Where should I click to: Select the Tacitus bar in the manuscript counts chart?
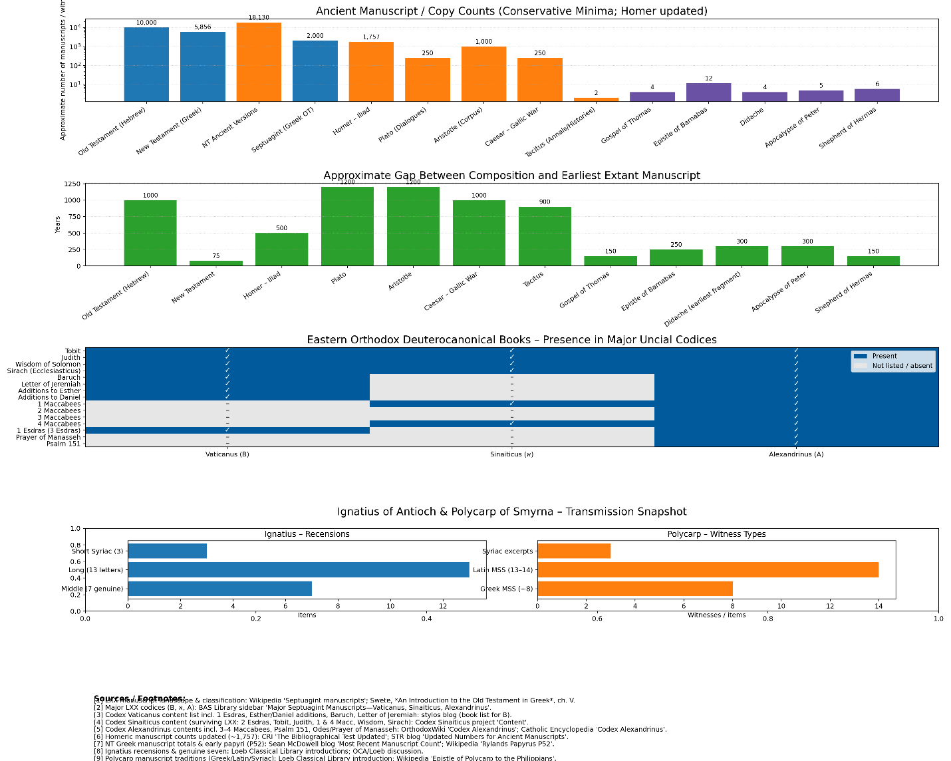596,99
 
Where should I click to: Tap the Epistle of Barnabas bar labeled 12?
708,92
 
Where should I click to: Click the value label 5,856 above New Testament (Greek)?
202,27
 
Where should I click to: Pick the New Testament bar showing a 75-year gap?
216,263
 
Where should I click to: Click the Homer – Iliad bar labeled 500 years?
281,249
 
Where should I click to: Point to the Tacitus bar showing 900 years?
545,236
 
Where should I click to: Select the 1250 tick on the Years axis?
72,184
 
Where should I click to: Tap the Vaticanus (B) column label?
227,454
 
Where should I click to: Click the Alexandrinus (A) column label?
796,454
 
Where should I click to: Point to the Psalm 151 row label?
63,444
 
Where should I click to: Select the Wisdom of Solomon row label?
48,364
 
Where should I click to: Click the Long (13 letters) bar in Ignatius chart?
298,569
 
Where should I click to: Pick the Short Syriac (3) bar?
167,551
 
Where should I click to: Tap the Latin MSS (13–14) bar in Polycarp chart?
708,569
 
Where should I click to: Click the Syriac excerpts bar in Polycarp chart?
573,551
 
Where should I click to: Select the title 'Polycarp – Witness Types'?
716,534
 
